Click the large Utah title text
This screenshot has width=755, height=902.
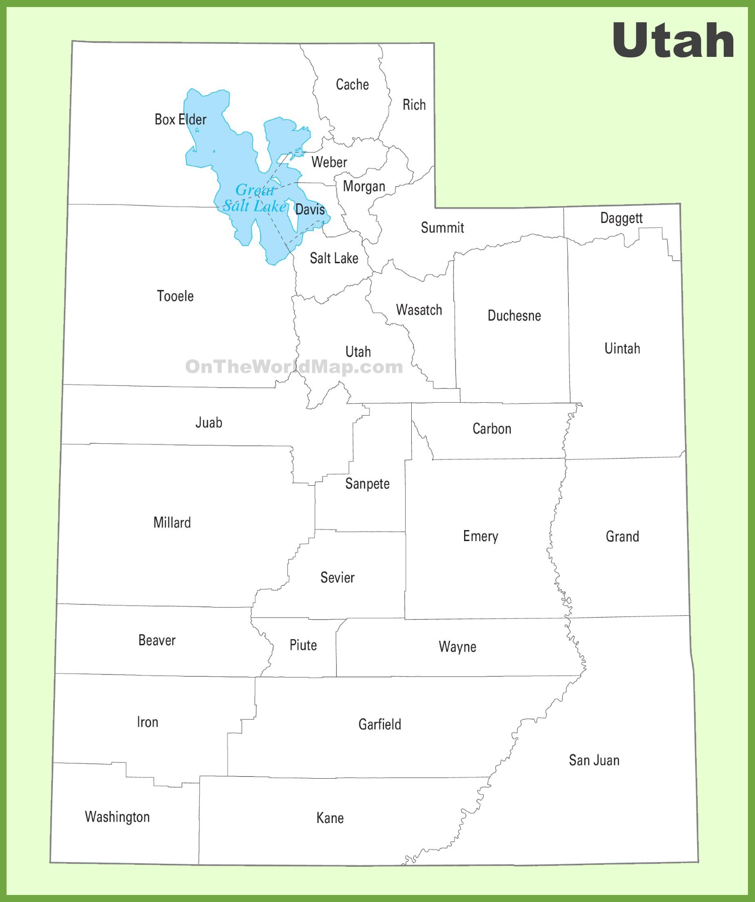click(x=673, y=40)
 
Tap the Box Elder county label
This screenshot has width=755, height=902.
click(x=180, y=120)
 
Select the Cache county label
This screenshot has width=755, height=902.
click(x=352, y=85)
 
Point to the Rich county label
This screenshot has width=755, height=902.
click(x=414, y=105)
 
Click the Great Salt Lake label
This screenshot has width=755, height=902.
click(x=255, y=198)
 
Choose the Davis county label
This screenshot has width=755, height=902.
click(x=310, y=209)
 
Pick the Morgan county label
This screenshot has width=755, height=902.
click(x=364, y=187)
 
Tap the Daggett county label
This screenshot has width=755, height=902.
click(x=621, y=218)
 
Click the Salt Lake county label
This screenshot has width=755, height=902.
click(x=334, y=258)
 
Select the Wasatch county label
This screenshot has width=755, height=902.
click(x=419, y=310)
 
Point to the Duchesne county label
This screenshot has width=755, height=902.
click(x=514, y=316)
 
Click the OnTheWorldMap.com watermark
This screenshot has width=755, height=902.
click(x=294, y=366)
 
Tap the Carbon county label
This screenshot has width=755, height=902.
click(x=492, y=429)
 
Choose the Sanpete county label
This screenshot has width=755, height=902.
click(x=367, y=484)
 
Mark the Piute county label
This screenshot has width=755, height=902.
click(x=303, y=645)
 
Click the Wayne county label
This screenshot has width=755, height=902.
click(x=457, y=647)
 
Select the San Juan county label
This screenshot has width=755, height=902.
click(x=594, y=760)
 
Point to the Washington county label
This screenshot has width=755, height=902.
click(x=117, y=817)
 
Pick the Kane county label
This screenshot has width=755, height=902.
click(x=330, y=818)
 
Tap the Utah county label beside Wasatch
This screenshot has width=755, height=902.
click(x=358, y=352)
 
